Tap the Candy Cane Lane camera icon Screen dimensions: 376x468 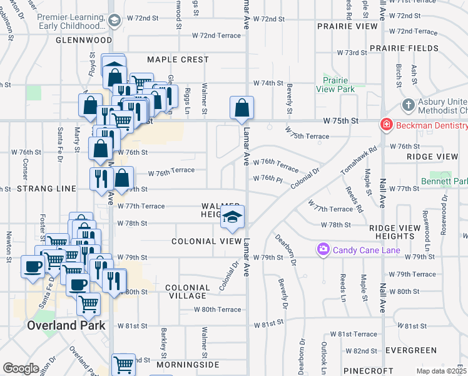point(323,250)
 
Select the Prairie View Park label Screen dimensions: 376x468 point(339,85)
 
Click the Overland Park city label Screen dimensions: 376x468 point(62,326)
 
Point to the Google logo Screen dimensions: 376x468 point(21,368)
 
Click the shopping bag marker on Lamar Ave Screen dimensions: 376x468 point(242,108)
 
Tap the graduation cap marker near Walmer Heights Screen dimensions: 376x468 point(232,218)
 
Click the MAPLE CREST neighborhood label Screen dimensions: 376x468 point(178,60)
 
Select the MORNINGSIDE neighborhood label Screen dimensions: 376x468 point(188,364)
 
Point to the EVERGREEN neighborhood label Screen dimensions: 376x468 point(410,350)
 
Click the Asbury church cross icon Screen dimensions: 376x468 point(407,105)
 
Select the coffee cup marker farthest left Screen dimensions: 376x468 point(33,266)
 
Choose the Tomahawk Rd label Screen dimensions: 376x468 point(369,160)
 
